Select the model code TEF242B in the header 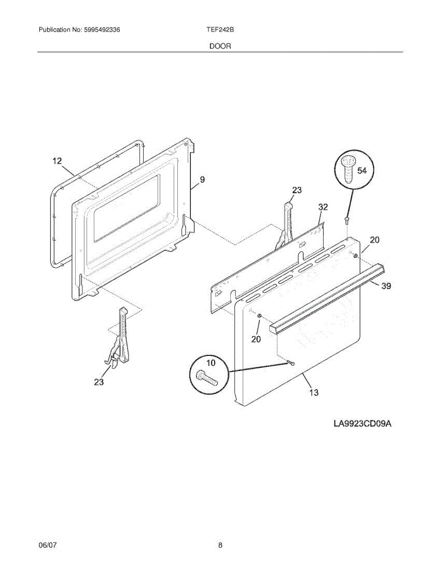[x=219, y=29]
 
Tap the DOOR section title [x=220, y=47]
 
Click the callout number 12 [x=57, y=161]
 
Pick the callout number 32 [x=323, y=207]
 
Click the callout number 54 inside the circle [x=362, y=171]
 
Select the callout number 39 [x=386, y=286]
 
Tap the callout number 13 [x=314, y=392]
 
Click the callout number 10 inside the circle [x=210, y=363]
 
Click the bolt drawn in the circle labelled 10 [x=206, y=378]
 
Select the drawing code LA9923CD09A [x=362, y=423]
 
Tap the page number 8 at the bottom [x=220, y=546]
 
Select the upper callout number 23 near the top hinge [x=296, y=190]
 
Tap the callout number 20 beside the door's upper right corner [x=375, y=240]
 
